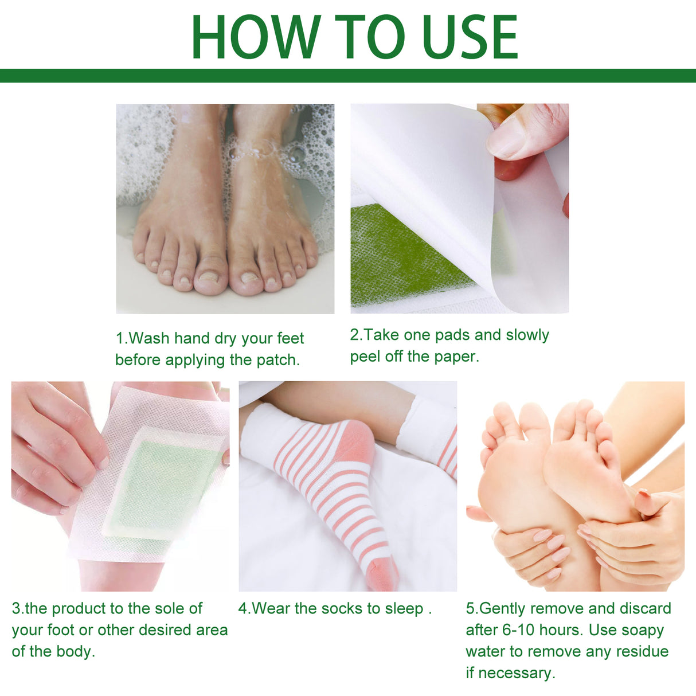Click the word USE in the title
(x=470, y=37)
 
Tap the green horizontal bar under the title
(x=348, y=76)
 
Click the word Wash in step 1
(x=149, y=338)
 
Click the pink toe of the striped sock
(x=384, y=573)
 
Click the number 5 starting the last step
(x=470, y=609)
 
